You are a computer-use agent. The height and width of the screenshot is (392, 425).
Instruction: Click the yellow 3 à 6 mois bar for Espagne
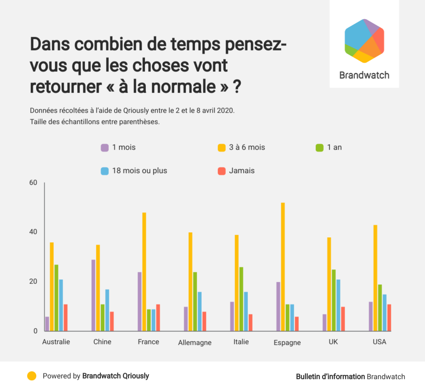(283, 267)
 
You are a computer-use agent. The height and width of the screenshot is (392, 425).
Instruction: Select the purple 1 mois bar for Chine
(93, 295)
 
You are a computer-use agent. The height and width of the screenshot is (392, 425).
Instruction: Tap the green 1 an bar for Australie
(56, 298)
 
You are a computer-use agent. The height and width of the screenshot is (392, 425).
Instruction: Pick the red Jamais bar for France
(158, 318)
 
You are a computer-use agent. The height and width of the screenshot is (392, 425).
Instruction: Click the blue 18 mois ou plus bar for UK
(338, 305)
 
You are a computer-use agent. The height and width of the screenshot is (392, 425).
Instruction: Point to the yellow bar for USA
(375, 278)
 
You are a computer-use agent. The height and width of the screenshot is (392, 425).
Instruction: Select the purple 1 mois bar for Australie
(47, 324)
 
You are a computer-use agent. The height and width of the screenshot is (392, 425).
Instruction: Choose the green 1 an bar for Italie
(241, 299)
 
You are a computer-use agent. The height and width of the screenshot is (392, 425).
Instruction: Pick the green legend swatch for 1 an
(320, 147)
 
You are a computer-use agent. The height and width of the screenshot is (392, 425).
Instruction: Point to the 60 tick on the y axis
(33, 183)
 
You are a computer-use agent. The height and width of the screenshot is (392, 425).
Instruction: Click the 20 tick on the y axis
(33, 281)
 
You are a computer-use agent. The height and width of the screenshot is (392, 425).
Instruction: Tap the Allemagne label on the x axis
(195, 343)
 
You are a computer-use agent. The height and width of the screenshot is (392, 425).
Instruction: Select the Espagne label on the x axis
(287, 343)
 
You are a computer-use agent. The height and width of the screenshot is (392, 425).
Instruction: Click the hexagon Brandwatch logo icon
(364, 41)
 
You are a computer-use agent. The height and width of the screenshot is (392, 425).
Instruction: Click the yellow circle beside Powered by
(32, 376)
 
